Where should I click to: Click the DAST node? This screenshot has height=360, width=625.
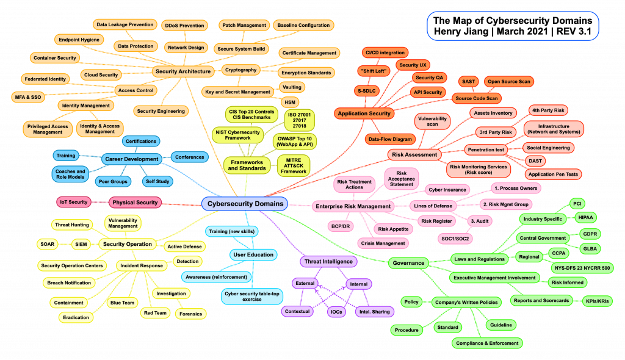click(x=534, y=160)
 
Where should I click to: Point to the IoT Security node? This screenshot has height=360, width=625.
click(x=74, y=202)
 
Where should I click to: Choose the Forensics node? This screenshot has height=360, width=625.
click(x=190, y=314)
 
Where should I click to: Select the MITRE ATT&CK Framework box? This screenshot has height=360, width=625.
click(x=294, y=165)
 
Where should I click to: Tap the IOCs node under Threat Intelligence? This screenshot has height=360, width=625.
click(x=336, y=311)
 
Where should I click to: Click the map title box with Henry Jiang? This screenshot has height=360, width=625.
click(x=512, y=26)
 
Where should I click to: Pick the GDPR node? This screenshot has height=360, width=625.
click(x=590, y=234)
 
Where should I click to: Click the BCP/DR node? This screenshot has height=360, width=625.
click(x=341, y=226)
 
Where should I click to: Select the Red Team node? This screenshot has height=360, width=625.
click(x=155, y=313)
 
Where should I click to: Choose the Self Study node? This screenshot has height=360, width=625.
click(x=158, y=181)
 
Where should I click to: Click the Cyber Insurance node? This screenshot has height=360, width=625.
click(x=446, y=190)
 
